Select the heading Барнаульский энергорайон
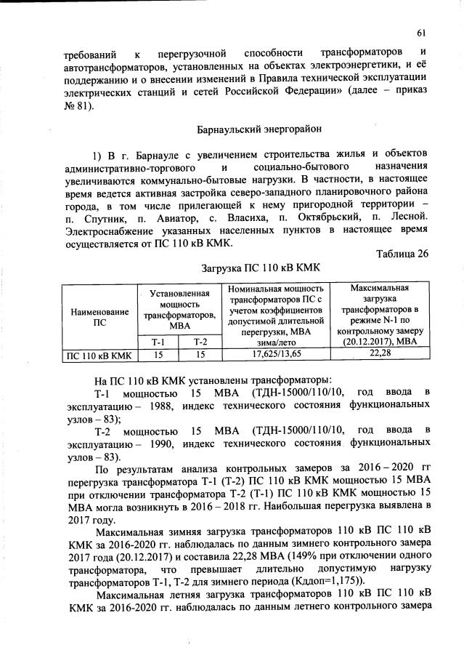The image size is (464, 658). click(251, 129)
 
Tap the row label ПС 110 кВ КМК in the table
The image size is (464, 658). click(99, 354)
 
